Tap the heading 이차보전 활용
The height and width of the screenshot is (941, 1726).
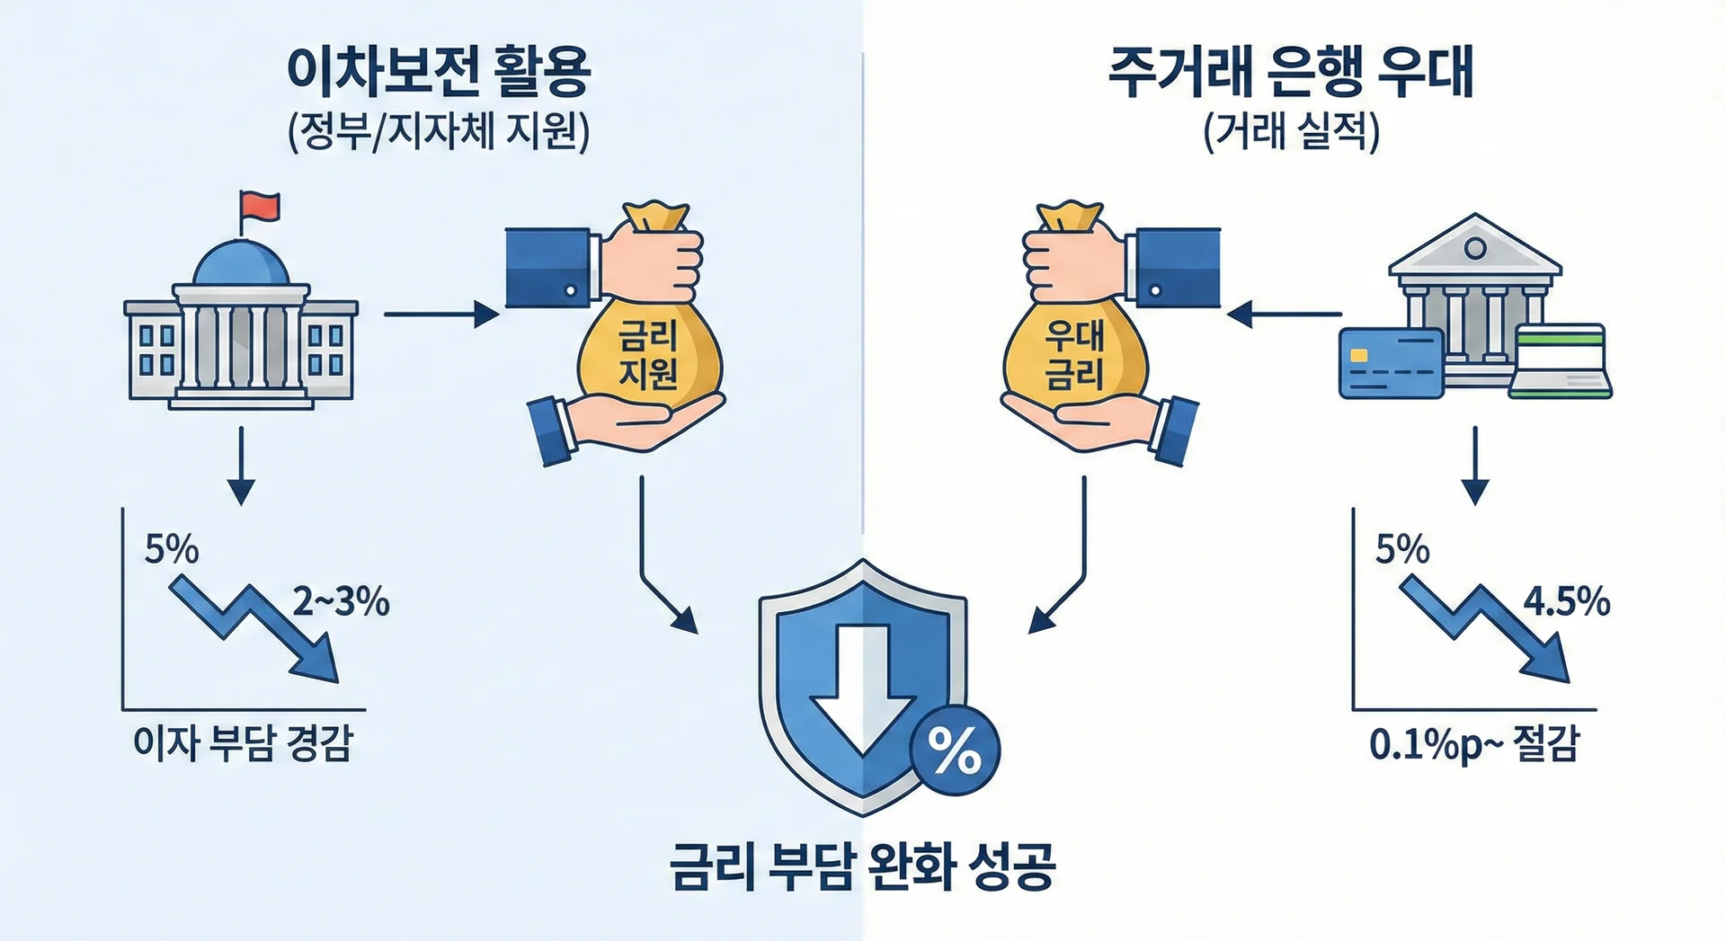tap(438, 71)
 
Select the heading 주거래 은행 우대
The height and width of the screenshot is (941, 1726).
tap(1291, 71)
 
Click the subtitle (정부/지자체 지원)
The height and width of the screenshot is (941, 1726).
tap(438, 133)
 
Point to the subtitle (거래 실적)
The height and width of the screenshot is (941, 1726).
tap(1291, 133)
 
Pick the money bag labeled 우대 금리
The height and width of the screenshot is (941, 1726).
tap(1074, 351)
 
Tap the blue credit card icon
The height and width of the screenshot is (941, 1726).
tap(1390, 362)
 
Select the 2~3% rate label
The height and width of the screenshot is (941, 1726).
tap(341, 601)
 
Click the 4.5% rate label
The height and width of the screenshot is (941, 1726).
tap(1566, 601)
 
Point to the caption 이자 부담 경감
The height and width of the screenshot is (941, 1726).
tap(243, 744)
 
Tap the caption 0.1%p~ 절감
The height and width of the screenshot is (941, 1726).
tap(1474, 744)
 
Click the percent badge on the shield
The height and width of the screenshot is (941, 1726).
tap(955, 751)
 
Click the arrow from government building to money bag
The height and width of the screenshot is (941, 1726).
tap(440, 315)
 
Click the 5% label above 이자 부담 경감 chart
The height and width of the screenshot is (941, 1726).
tap(171, 549)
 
